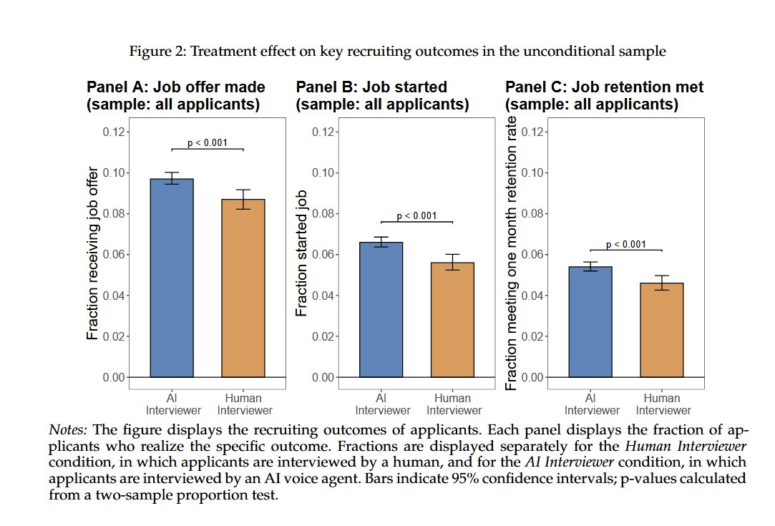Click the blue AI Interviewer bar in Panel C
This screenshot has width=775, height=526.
coord(590,321)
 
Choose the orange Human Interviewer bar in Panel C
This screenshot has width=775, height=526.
coord(662,329)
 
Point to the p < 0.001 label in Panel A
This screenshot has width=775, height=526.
coord(208,142)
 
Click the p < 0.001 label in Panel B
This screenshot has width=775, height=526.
coord(416,216)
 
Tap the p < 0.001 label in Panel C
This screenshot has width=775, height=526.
coord(626,244)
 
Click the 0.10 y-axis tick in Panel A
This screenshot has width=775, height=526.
coord(116,172)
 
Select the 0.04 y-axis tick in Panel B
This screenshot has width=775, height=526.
coord(325,296)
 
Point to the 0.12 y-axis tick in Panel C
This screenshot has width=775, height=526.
coord(535,132)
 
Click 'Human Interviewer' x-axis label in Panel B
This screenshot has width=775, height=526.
coord(454,404)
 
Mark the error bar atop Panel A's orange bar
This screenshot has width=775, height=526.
coord(243,199)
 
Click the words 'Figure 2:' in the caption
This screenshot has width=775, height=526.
coord(152,52)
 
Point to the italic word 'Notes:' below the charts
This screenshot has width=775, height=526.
coord(68,430)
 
